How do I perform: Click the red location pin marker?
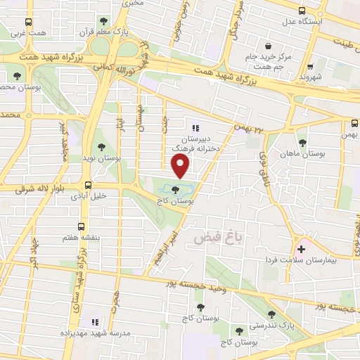point(181,166)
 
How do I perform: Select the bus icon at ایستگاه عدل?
point(302,11)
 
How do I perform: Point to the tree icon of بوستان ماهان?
point(302,142)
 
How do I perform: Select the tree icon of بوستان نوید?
point(102,148)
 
